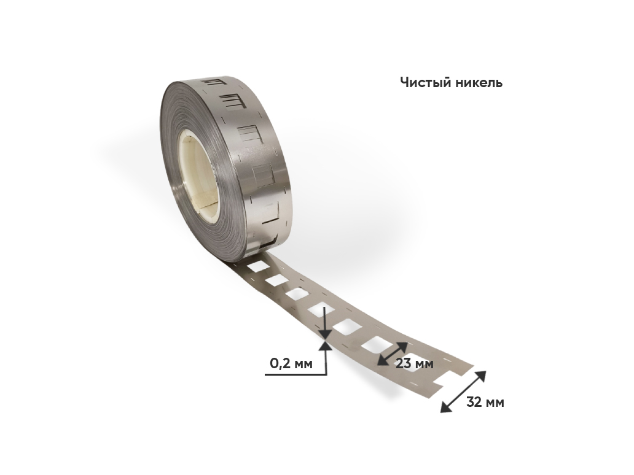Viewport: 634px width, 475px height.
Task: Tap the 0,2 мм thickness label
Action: point(291,363)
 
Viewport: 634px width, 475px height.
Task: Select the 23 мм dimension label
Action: point(415,363)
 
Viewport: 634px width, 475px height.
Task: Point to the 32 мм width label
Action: point(485,403)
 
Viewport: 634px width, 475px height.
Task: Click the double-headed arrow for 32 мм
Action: point(463,392)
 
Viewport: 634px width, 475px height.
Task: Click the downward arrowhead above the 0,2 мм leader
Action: point(326,333)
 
